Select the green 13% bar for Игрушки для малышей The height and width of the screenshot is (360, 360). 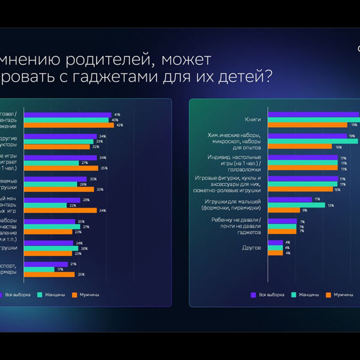pos(296,205)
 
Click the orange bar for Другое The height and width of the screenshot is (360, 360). pos(275,253)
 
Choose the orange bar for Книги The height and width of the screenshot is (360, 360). pos(307,125)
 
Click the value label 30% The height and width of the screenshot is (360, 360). pos(93,179)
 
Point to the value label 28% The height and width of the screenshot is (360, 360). pos(86,200)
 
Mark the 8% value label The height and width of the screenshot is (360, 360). pos(305,211)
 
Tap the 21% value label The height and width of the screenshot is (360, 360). pos(73,264)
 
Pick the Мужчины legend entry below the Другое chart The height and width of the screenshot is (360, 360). pos(343,295)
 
